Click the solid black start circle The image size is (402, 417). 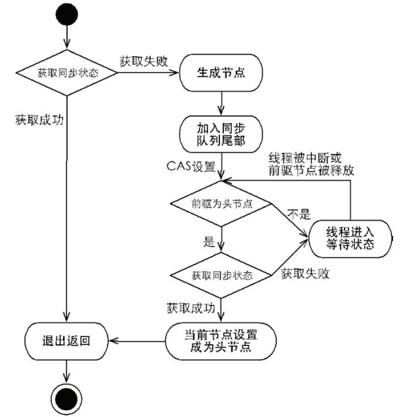tap(67, 14)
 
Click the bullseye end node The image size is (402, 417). tap(67, 394)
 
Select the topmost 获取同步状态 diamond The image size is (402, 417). tap(67, 73)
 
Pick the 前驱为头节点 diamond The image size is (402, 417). tap(221, 204)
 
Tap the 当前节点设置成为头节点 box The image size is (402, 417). tap(221, 341)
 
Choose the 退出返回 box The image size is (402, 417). tap(67, 341)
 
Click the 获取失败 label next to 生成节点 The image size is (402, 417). tap(143, 61)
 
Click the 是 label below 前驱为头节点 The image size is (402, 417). tap(209, 242)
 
